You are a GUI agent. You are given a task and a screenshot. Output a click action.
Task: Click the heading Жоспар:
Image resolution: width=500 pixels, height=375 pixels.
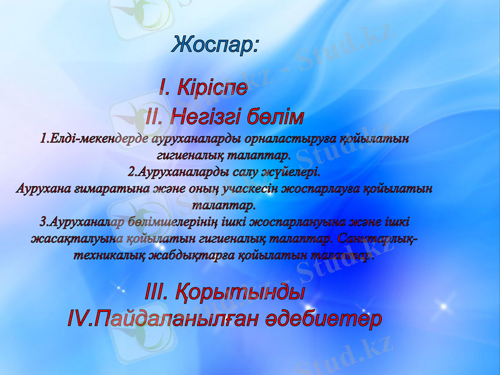(x=214, y=45)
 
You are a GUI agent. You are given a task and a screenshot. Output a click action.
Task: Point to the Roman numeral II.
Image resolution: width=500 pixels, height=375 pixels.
(x=154, y=117)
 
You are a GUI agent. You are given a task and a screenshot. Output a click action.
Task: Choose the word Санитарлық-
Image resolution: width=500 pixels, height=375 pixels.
(x=377, y=238)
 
